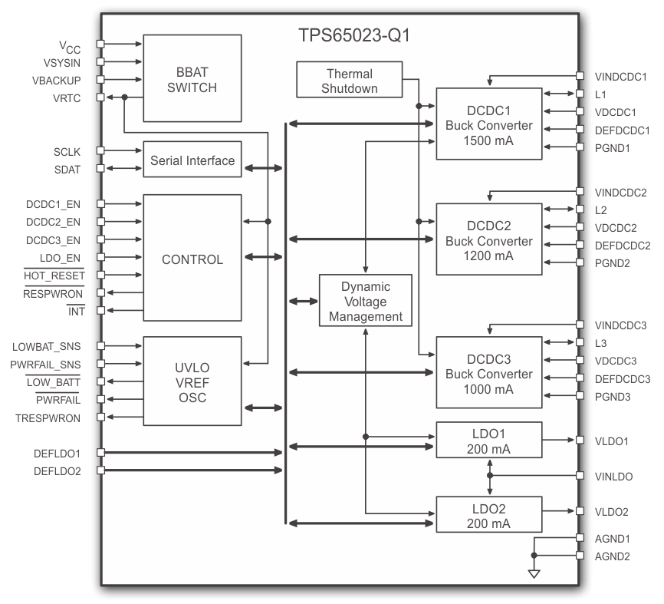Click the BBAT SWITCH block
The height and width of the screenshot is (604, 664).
(192, 78)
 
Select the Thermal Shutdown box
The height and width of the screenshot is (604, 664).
(350, 81)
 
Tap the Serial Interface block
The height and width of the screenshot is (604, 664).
(192, 160)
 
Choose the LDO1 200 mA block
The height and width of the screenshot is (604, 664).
(488, 441)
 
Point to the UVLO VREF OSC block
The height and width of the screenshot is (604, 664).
(192, 381)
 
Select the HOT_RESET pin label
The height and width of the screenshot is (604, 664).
(54, 275)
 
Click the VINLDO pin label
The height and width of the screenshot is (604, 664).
(613, 476)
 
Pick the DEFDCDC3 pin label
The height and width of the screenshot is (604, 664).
(622, 378)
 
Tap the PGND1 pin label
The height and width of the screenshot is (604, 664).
(612, 147)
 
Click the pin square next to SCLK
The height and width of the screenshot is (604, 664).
(100, 151)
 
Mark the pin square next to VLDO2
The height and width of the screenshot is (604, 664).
(579, 511)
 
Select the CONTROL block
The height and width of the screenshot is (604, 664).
(192, 259)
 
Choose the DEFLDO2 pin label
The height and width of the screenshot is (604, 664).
(58, 470)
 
